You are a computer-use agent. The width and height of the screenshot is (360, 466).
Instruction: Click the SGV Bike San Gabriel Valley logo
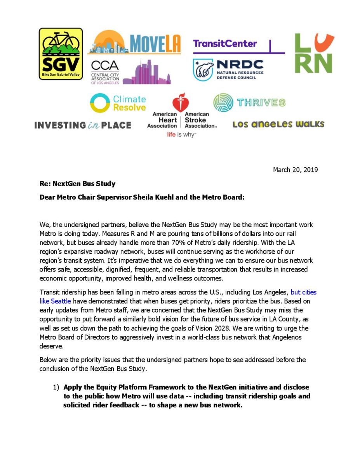[61, 54]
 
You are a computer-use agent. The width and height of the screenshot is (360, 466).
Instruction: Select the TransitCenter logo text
[225, 43]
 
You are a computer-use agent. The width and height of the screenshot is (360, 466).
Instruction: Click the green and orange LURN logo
[314, 53]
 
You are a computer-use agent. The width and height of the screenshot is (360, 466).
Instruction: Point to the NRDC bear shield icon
[203, 70]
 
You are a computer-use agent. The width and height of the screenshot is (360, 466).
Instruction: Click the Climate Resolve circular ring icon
[100, 103]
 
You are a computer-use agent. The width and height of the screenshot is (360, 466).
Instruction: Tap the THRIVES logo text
[261, 103]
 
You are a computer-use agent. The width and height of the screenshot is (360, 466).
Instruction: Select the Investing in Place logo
[82, 125]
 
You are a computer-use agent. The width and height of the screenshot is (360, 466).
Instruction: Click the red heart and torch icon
[181, 103]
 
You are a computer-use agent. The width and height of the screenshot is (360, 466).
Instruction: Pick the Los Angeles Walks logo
[278, 125]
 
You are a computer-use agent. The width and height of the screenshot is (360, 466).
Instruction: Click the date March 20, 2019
[295, 170]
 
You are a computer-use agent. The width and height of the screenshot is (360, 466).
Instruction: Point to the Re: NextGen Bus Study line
[77, 183]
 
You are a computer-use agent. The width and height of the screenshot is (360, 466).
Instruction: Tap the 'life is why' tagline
[181, 134]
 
